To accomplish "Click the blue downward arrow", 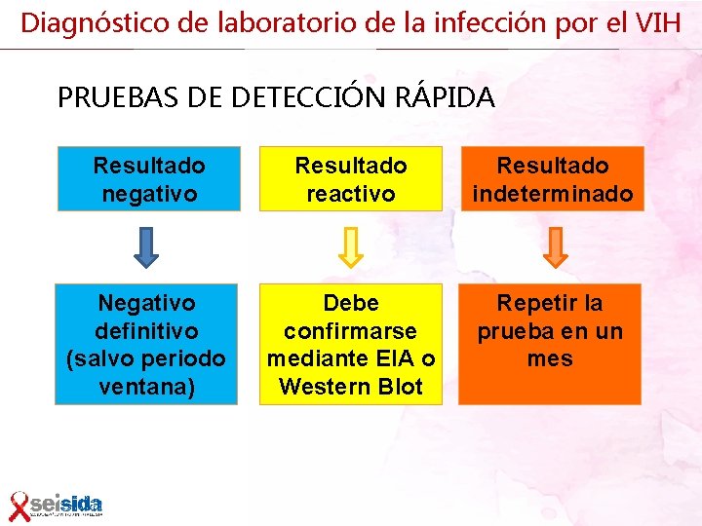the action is (x=146, y=247).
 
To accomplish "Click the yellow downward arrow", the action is (x=351, y=247).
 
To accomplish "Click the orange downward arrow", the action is (x=554, y=247).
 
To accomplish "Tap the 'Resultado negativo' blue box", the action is (x=148, y=179).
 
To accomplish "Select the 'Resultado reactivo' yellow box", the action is (x=351, y=179).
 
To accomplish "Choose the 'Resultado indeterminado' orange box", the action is (x=553, y=179).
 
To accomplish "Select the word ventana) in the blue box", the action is (x=148, y=387).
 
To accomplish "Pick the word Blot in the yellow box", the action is (x=399, y=387).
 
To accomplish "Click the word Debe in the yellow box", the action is (x=351, y=303).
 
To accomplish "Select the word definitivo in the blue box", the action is (x=147, y=331).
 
